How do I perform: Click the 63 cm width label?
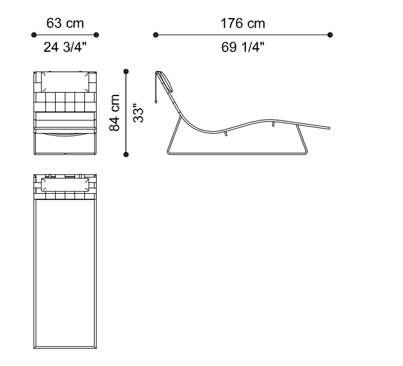[65, 23]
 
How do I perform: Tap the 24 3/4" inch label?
[65, 47]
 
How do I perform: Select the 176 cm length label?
[243, 23]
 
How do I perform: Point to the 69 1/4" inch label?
[243, 47]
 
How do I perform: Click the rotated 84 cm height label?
[114, 113]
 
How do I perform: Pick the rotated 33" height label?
[138, 113]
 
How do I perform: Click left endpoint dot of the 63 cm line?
[34, 35]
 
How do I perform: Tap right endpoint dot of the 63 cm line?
[96, 35]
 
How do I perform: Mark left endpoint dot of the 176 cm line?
[155, 35]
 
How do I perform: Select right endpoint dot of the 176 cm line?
[330, 35]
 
